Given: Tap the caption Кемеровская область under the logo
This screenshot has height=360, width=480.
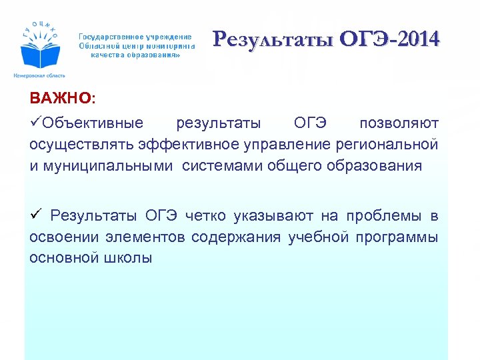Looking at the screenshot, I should pos(39,76).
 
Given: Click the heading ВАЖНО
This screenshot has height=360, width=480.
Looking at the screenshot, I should pos(62,99).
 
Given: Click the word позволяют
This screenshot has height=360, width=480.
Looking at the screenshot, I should pos(399,124).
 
